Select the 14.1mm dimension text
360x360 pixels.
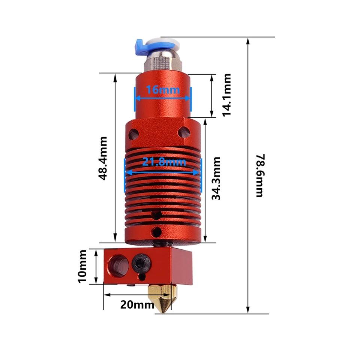(227, 94)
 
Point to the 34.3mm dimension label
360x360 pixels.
(216, 178)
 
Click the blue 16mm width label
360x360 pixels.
(163, 90)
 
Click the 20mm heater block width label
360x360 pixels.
(137, 304)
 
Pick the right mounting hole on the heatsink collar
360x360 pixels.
(184, 132)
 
